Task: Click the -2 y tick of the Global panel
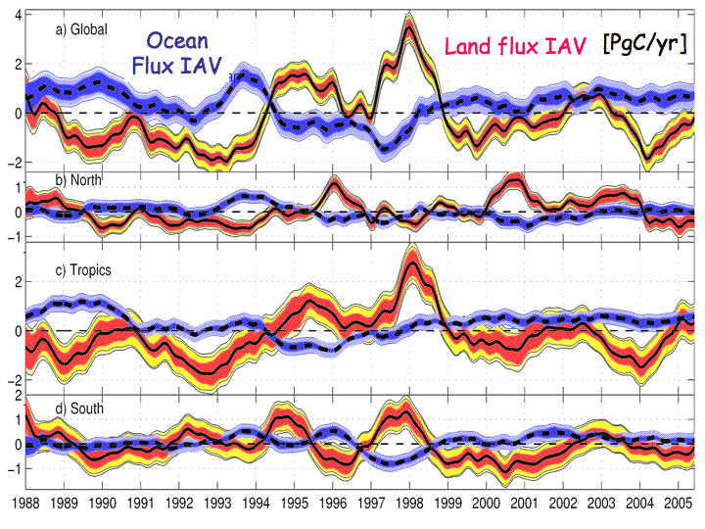(13, 163)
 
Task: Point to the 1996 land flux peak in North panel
(335, 183)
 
